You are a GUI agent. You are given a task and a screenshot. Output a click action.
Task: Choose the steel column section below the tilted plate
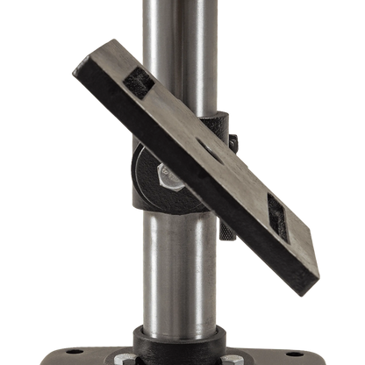(x=180, y=272)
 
